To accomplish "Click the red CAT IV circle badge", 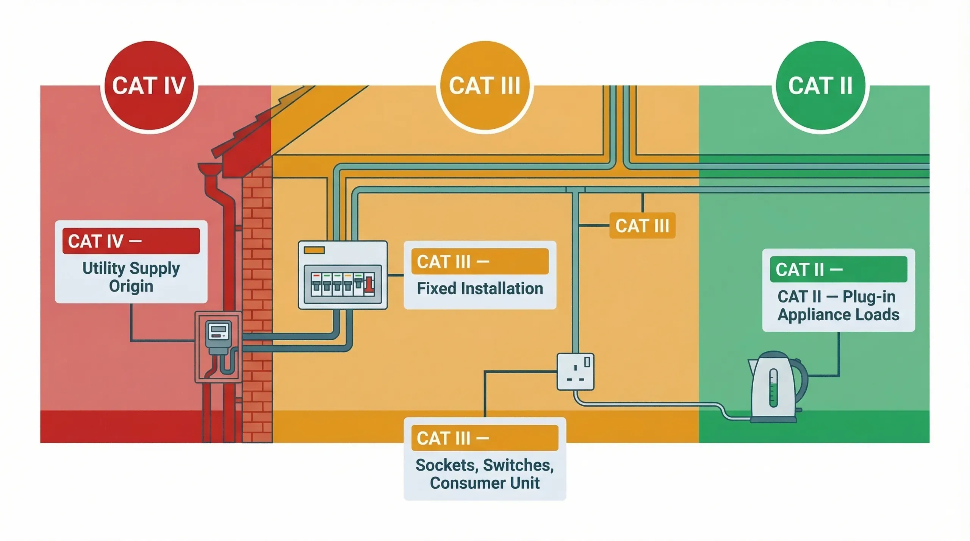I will (x=149, y=86).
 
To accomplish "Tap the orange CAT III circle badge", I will (x=485, y=86).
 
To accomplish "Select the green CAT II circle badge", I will (x=820, y=86).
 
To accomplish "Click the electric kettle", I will (x=775, y=388).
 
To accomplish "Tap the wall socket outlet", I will (x=575, y=371).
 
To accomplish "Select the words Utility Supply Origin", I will (x=131, y=277).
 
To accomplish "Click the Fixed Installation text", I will (x=480, y=289).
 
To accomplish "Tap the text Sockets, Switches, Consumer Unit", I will (x=485, y=474).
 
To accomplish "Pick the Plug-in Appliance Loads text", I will (x=838, y=306).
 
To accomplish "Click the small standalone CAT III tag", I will (x=642, y=226).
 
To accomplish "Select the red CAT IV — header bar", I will (x=131, y=241).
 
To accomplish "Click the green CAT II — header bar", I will (x=838, y=269).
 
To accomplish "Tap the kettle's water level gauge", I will (x=773, y=388).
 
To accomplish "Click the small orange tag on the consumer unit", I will (x=314, y=250).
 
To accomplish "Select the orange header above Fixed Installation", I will (x=480, y=261).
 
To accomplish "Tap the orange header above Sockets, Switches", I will (x=485, y=438).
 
